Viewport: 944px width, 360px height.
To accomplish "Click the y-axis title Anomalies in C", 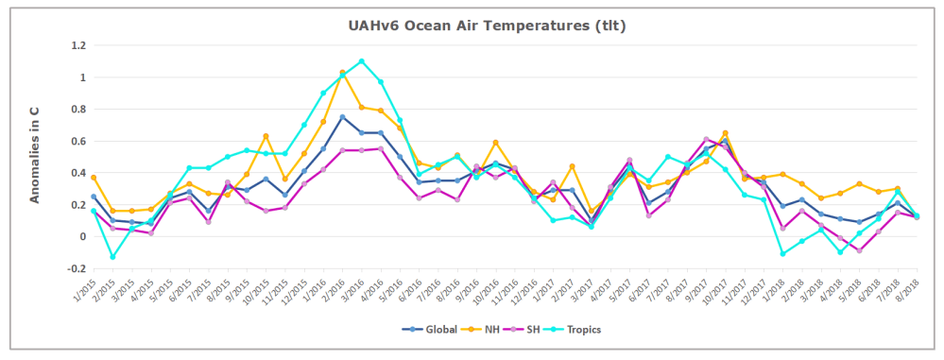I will coord(34,155).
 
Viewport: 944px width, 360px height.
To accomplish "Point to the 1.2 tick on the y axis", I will coord(77,45).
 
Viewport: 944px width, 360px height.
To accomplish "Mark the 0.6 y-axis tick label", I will coord(77,141).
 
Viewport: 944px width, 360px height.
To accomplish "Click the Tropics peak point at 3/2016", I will coord(361,61).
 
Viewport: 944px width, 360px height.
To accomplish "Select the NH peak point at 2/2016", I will coord(342,73).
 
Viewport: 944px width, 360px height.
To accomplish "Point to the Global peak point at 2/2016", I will coord(342,117).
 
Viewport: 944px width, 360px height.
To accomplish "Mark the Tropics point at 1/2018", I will coord(783,253).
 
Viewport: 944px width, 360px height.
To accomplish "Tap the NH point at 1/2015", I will coord(94,178).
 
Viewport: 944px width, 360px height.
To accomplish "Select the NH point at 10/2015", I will coord(266,136).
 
